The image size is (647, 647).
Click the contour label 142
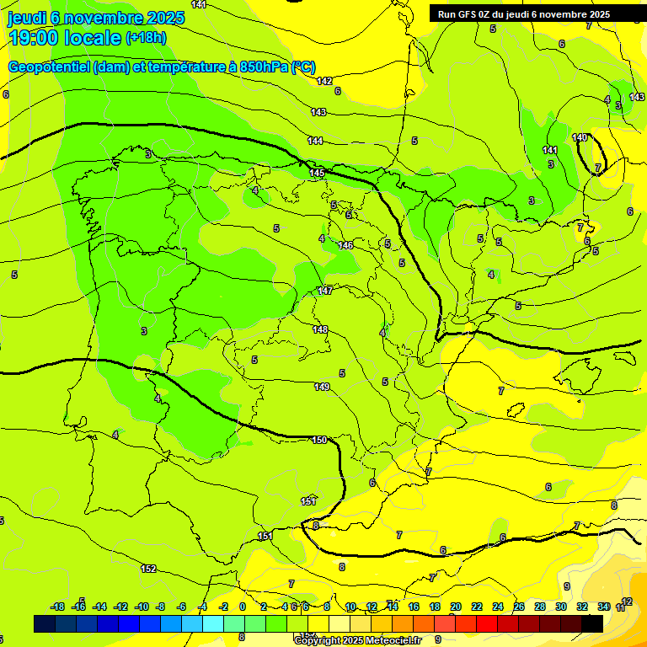324,82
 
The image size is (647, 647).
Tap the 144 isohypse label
315,141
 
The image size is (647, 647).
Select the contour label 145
317,173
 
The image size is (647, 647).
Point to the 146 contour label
345,245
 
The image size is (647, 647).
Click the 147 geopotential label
325,291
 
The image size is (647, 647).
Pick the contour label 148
320,329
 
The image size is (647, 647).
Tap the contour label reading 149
322,387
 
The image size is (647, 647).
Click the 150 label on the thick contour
319,440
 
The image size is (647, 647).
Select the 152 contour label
148,569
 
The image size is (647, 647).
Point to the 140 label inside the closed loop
580,137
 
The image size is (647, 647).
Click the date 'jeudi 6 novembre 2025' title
97,18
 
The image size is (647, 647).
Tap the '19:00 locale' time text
64,38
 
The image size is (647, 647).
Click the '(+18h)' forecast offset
146,38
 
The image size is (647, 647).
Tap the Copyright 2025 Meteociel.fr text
357,640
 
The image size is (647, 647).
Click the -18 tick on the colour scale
58,607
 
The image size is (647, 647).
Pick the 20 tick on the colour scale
456,607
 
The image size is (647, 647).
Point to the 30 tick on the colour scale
561,607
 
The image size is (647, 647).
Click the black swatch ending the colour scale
592,623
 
